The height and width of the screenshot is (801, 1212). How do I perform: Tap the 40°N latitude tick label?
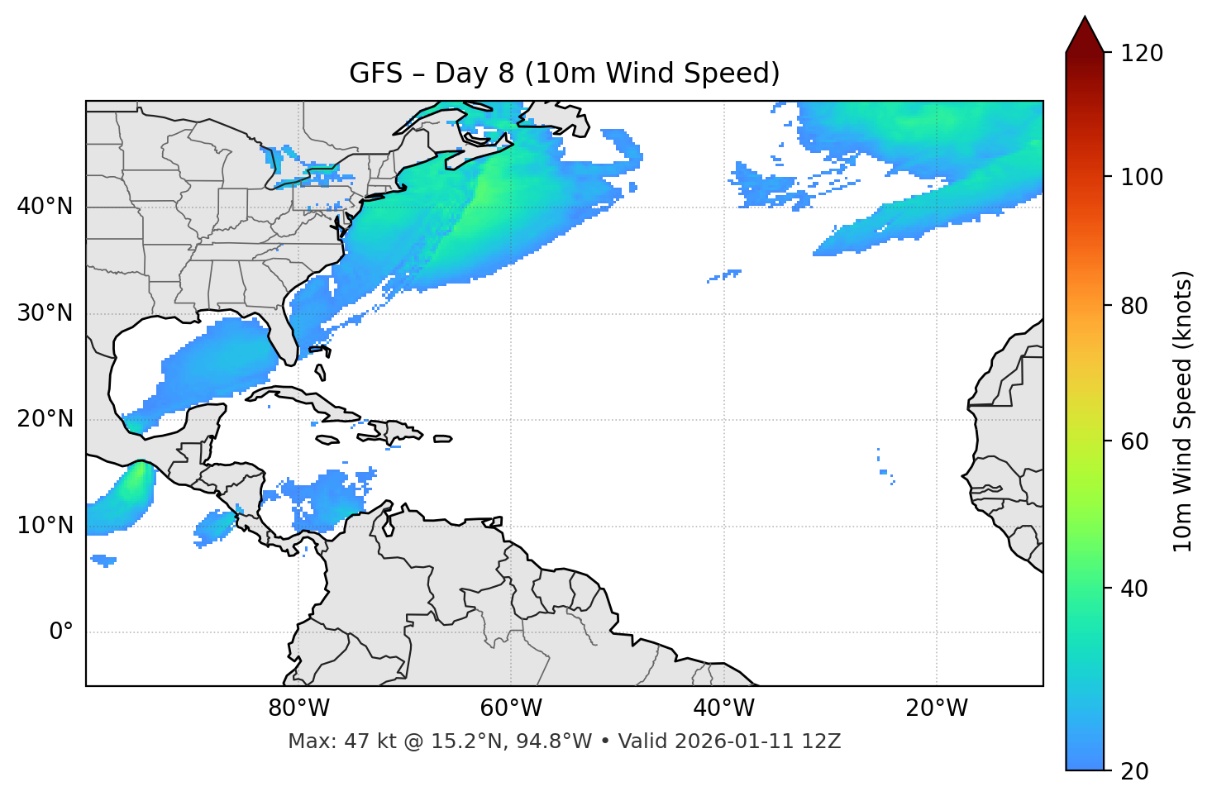pyautogui.click(x=45, y=206)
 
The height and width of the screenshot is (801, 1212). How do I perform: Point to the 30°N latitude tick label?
pyautogui.click(x=45, y=313)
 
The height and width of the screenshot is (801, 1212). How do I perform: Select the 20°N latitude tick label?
pyautogui.click(x=45, y=419)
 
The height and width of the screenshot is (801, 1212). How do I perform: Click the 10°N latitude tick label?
pyautogui.click(x=45, y=526)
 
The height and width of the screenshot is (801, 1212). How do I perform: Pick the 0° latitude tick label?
pyautogui.click(x=60, y=632)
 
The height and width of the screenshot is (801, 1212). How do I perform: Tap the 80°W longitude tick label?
pyautogui.click(x=298, y=708)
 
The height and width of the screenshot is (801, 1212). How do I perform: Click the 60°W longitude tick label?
pyautogui.click(x=511, y=708)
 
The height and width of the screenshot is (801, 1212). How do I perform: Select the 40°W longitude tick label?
pyautogui.click(x=723, y=708)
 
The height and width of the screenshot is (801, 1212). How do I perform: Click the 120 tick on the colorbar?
pyautogui.click(x=1142, y=53)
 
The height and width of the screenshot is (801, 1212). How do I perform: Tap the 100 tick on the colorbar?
pyautogui.click(x=1142, y=177)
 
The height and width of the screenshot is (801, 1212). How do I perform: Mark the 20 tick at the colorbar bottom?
pyautogui.click(x=1134, y=771)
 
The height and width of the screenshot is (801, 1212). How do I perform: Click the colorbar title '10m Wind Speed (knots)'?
pyautogui.click(x=1183, y=411)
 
